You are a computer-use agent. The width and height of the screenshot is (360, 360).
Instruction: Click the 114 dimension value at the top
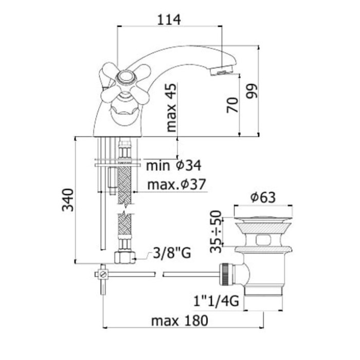pyautogui.click(x=169, y=20)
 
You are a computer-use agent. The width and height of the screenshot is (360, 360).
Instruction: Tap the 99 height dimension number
pyautogui.click(x=251, y=91)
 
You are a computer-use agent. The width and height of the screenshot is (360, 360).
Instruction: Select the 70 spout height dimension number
pyautogui.click(x=232, y=105)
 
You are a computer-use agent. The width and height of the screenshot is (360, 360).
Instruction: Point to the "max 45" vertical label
pyautogui.click(x=171, y=107)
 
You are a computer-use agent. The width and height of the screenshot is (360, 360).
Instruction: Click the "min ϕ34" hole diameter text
pyautogui.click(x=174, y=165)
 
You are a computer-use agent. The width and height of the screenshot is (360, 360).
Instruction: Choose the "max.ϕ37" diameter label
pyautogui.click(x=176, y=184)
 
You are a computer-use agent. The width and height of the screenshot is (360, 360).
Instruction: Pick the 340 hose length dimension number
pyautogui.click(x=68, y=200)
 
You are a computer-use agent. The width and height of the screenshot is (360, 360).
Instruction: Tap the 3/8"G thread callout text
pyautogui.click(x=172, y=253)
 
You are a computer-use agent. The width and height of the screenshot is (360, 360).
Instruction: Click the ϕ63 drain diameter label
pyautogui.click(x=263, y=197)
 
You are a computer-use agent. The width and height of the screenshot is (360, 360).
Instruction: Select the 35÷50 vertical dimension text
pyautogui.click(x=216, y=231)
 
